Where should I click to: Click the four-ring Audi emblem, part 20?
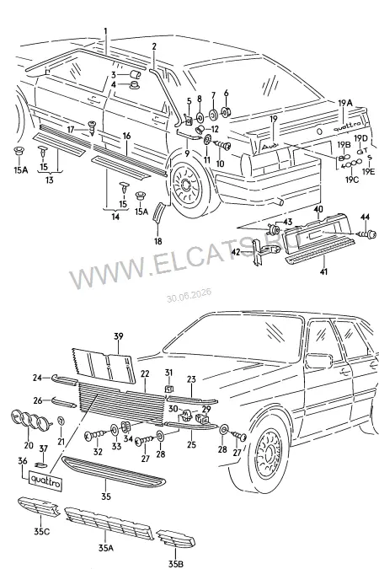click(30, 421)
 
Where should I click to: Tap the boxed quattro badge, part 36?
click(45, 480)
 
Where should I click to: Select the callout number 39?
click(119, 336)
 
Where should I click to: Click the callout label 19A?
click(345, 103)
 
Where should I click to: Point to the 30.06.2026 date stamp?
click(189, 295)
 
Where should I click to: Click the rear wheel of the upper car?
click(188, 186)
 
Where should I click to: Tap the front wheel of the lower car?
click(269, 454)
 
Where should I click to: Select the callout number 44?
click(365, 217)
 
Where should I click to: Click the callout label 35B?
click(176, 564)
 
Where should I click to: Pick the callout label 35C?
click(42, 532)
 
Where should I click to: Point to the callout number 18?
click(157, 241)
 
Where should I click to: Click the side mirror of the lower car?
click(318, 360)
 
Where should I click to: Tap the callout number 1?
click(106, 31)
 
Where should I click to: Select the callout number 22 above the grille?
click(145, 373)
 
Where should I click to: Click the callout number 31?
click(169, 373)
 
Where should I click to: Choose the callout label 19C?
click(352, 179)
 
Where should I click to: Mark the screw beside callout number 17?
click(91, 128)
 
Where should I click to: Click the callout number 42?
click(236, 251)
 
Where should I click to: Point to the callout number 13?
click(50, 180)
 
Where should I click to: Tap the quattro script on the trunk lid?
click(347, 126)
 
